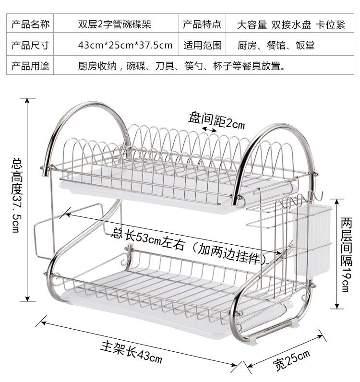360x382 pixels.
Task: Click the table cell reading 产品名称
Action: pyautogui.click(x=30, y=24)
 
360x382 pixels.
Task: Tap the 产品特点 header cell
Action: pyautogui.click(x=202, y=24)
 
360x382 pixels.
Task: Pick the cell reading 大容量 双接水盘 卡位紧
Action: pyautogui.click(x=291, y=24)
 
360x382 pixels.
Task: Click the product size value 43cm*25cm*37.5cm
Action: pyautogui.click(x=125, y=45)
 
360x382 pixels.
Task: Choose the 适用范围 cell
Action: pyautogui.click(x=202, y=45)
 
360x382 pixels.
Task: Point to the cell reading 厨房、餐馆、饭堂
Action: pyautogui.click(x=276, y=45)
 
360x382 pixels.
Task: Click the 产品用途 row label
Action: pyautogui.click(x=30, y=66)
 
